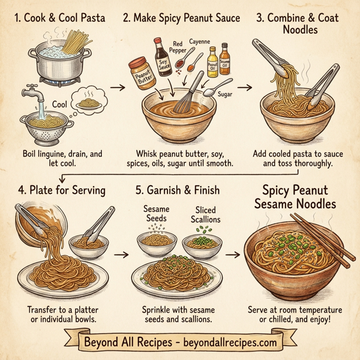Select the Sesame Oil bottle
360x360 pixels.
coord(225,58)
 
